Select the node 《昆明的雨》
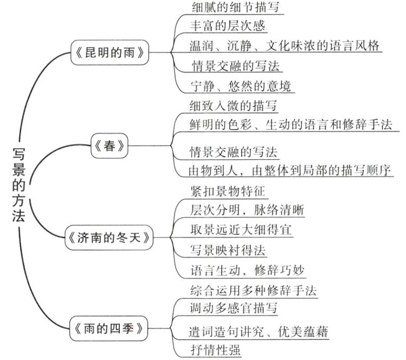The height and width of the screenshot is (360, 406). (110, 52)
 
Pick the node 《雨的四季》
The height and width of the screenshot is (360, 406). (109, 329)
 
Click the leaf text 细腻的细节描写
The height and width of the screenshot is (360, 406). (234, 7)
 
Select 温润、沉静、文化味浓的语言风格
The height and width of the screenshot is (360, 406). (285, 45)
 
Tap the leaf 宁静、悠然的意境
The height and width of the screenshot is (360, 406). (241, 85)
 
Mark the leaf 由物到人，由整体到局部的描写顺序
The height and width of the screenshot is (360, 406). (291, 171)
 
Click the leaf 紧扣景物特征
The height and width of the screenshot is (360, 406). (228, 190)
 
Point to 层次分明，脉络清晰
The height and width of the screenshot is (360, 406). (247, 210)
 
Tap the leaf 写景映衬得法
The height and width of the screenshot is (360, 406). (228, 249)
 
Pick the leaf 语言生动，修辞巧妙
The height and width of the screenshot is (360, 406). (247, 269)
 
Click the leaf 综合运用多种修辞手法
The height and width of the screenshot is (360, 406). (253, 291)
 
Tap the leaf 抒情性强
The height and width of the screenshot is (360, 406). (215, 350)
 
